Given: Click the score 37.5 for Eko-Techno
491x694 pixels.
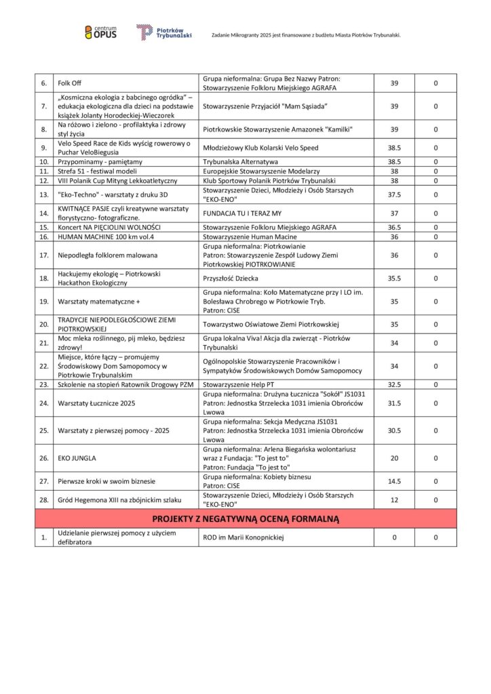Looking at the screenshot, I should [x=395, y=195].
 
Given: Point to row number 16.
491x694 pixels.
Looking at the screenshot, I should [x=44, y=237].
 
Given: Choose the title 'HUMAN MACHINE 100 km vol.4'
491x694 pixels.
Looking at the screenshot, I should [x=100, y=237].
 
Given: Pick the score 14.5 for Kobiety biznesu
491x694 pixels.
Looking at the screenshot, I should [x=395, y=481].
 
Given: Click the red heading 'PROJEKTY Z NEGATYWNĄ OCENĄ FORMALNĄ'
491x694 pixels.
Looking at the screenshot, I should [x=245, y=519].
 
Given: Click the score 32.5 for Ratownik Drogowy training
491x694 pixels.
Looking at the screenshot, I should [x=395, y=384].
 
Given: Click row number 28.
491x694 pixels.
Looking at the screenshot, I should [x=44, y=500].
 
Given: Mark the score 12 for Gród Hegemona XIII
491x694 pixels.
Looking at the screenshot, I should [x=395, y=500].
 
